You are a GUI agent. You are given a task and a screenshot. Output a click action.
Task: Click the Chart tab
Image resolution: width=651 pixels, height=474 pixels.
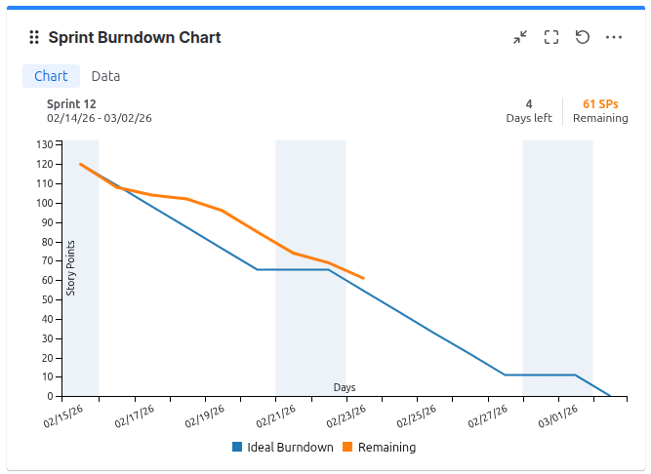coord(51,76)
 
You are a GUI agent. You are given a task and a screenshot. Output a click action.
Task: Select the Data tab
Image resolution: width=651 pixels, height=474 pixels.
coord(105,76)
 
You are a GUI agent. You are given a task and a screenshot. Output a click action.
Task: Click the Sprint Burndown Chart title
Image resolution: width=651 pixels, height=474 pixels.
coord(135,38)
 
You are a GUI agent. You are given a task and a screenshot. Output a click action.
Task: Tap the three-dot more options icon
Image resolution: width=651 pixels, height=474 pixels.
coord(614,37)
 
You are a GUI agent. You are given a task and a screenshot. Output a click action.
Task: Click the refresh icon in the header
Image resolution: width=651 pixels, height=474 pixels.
coord(583,37)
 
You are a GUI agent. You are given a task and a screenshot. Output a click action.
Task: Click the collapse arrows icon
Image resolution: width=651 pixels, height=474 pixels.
coord(520,37)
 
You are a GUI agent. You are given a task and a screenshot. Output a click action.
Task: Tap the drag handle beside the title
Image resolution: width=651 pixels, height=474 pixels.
coord(34,38)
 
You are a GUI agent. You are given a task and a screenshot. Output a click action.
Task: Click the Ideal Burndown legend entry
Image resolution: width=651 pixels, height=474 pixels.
coord(283,448)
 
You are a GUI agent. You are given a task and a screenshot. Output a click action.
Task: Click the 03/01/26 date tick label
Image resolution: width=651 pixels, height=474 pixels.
coord(558,416)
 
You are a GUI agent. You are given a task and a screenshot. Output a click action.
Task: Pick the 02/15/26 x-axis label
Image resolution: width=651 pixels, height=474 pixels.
coord(63,416)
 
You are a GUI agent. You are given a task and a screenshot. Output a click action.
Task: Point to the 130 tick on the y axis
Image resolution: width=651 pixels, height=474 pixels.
coord(45,144)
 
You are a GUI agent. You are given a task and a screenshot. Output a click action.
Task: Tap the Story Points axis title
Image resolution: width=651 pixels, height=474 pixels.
coord(70,267)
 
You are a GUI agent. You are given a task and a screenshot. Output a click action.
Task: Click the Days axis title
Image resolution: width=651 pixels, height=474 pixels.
coord(345,387)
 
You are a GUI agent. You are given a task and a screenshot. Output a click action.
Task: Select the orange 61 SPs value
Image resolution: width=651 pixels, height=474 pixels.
coord(600,103)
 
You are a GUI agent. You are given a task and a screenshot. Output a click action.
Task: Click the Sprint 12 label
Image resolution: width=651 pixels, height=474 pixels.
coord(71,103)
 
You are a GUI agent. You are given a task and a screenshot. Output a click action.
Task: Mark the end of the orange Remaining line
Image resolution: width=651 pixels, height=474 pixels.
coord(363,278)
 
